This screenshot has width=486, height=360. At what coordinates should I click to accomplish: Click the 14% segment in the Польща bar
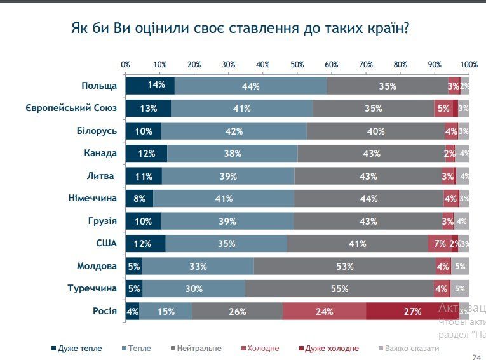tap(150, 86)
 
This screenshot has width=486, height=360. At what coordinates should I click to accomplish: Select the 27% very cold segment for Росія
tap(412, 311)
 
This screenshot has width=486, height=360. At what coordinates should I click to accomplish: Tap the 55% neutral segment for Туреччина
tap(340, 289)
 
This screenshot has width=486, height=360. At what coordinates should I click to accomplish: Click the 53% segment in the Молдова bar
tap(344, 266)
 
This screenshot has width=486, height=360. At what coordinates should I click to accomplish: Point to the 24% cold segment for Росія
tap(324, 311)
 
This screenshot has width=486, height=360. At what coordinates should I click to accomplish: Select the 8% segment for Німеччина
tap(139, 199)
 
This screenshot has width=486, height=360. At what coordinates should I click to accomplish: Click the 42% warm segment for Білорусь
tap(234, 131)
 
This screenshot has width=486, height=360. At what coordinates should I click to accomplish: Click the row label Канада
tap(100, 153)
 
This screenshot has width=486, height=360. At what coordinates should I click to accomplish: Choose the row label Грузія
tap(102, 221)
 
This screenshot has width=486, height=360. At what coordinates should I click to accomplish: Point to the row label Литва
tap(103, 176)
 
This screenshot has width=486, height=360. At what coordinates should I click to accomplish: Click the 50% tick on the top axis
tap(297, 65)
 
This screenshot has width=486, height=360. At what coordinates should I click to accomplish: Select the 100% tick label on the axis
tap(469, 65)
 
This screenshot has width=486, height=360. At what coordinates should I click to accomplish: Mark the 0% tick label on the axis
tap(126, 65)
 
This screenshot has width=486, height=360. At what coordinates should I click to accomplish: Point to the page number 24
tap(476, 357)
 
